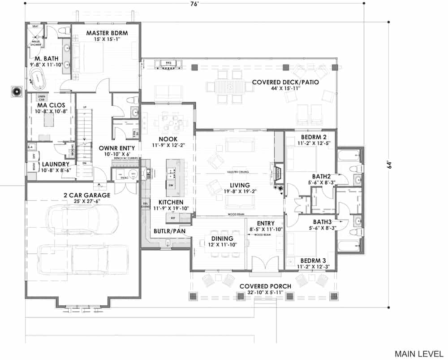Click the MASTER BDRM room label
[x=107, y=33]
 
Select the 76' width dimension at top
[x=194, y=4]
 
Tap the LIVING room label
[x=240, y=185]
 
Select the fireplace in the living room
[x=277, y=173]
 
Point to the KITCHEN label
[x=167, y=202]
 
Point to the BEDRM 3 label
[x=313, y=260]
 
